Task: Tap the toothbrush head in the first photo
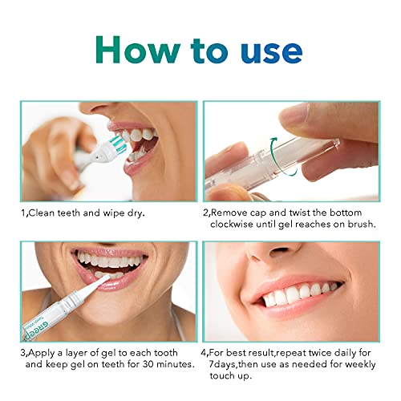coord(113,145)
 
